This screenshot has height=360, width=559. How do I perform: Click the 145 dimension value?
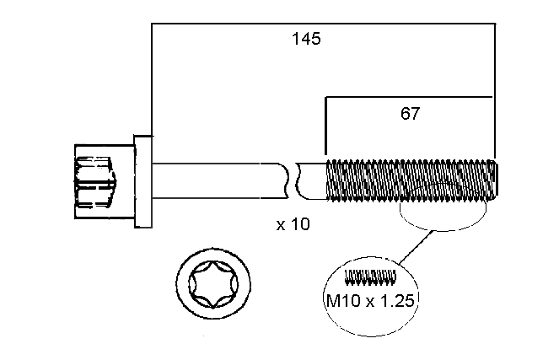(x=306, y=39)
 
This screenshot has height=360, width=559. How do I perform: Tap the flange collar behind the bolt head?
(x=142, y=180)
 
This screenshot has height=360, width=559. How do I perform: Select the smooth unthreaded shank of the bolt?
(x=219, y=180)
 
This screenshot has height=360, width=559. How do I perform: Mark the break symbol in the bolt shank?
(x=292, y=180)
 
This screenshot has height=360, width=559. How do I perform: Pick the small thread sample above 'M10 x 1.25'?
(x=371, y=276)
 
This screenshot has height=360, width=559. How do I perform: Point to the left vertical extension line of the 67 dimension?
(x=325, y=126)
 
